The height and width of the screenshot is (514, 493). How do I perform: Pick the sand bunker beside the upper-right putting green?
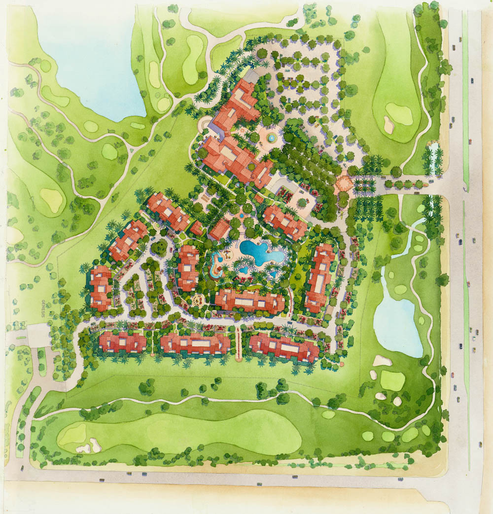pos(389,125)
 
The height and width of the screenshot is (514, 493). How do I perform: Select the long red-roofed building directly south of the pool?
pos(250,301)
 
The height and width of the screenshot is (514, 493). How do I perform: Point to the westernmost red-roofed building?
pos(101,288)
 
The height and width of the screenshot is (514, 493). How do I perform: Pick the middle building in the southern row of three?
pos(195,343)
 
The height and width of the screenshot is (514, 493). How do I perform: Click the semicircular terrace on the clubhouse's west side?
pos(204,126)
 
